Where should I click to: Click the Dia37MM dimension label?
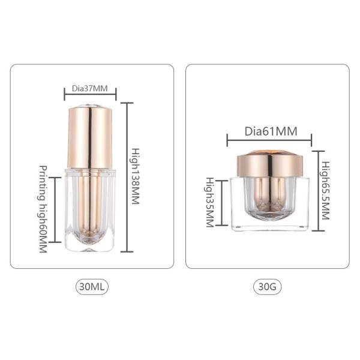pyautogui.click(x=90, y=89)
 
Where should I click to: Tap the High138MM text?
pyautogui.click(x=136, y=177)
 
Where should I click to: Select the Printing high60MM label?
pyautogui.click(x=43, y=209)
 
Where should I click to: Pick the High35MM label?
pyautogui.click(x=209, y=202)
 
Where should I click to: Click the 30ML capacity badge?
pyautogui.click(x=92, y=287)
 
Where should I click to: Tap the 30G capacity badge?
pyautogui.click(x=267, y=287)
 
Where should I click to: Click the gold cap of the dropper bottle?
pyautogui.click(x=90, y=135)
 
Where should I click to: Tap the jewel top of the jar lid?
pyautogui.click(x=269, y=151)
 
